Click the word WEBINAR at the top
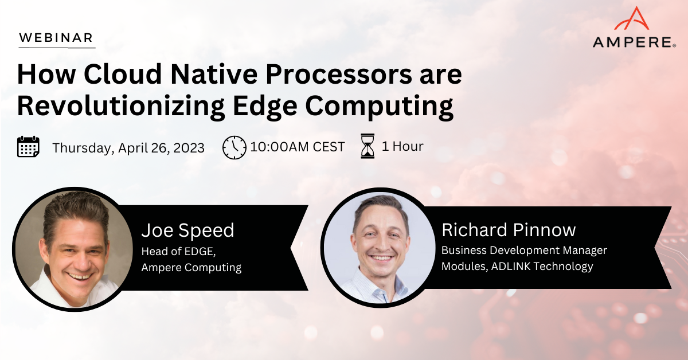pyautogui.click(x=56, y=38)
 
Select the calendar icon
pyautogui.click(x=28, y=147)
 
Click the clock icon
pyautogui.click(x=234, y=147)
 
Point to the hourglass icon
pyautogui.click(x=368, y=146)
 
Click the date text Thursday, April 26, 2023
pyautogui.click(x=128, y=148)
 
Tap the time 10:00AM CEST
pyautogui.click(x=298, y=147)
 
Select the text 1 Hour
pyautogui.click(x=402, y=146)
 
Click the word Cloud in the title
pyautogui.click(x=123, y=74)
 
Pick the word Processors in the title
pyautogui.click(x=338, y=74)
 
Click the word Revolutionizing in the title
pyautogui.click(x=121, y=105)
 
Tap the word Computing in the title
pyautogui.click(x=379, y=106)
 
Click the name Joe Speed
pyautogui.click(x=187, y=230)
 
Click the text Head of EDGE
pyautogui.click(x=178, y=251)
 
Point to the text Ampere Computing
pyautogui.click(x=191, y=268)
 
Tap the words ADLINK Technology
pyautogui.click(x=542, y=267)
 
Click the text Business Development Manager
pyautogui.click(x=524, y=251)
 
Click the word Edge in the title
pyautogui.click(x=265, y=106)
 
